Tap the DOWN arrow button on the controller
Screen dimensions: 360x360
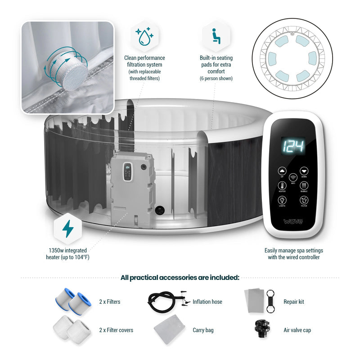pyautogui.click(x=304, y=171)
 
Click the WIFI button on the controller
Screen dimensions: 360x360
pyautogui.click(x=293, y=178)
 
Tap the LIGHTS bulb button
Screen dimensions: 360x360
pyautogui.click(x=282, y=201)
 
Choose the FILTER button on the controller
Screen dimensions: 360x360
pyautogui.click(x=304, y=201)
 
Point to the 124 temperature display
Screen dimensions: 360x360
pyautogui.click(x=293, y=145)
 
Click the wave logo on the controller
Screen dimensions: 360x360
pyautogui.click(x=293, y=221)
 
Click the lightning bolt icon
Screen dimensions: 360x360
pyautogui.click(x=68, y=229)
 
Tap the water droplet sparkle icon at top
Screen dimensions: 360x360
pyautogui.click(x=144, y=36)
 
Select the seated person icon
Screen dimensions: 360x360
pyautogui.click(x=216, y=36)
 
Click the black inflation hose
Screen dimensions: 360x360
pyautogui.click(x=164, y=301)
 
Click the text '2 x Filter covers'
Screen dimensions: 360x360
pyautogui.click(x=116, y=330)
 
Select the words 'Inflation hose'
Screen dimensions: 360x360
pyautogui.click(x=207, y=302)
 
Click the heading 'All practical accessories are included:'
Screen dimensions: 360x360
pyautogui.click(x=180, y=278)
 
